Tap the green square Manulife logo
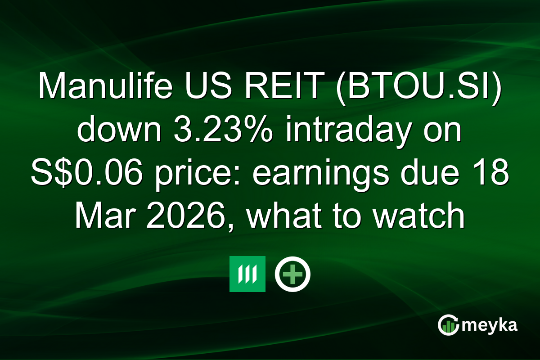point(247,274)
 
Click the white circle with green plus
point(293,274)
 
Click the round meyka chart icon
point(449,325)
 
